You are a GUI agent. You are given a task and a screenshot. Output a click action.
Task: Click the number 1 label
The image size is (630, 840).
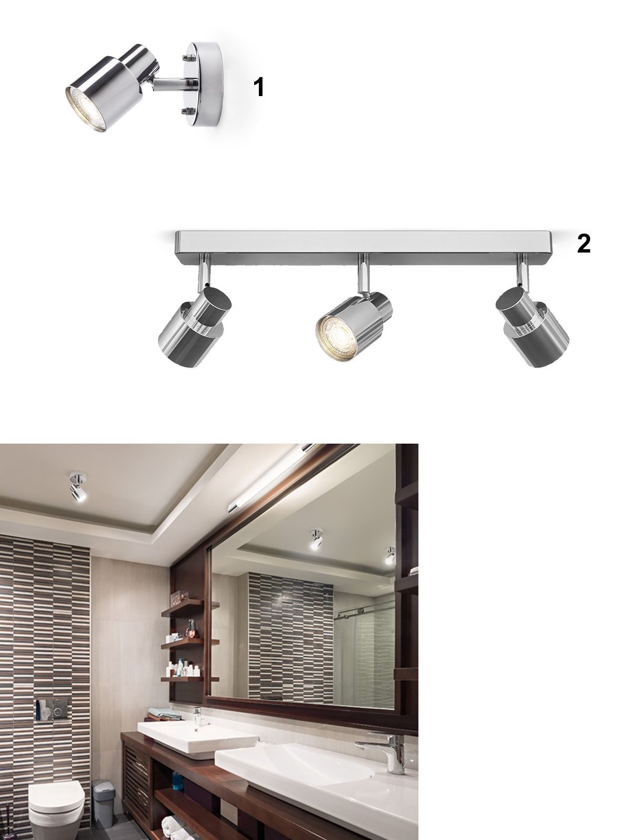pyautogui.click(x=259, y=87)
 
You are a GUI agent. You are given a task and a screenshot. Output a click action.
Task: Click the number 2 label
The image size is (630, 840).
pyautogui.click(x=583, y=244)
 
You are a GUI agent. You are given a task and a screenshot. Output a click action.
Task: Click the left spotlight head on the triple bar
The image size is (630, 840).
pyautogui.click(x=195, y=328)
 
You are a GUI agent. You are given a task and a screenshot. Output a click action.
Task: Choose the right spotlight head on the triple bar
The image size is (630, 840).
pyautogui.click(x=532, y=328)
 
